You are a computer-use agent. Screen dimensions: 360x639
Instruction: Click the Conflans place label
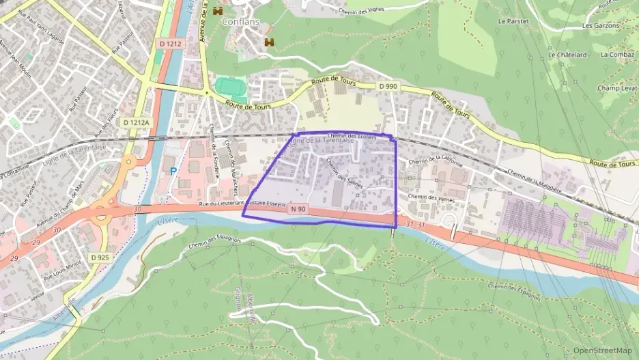tap(238, 21)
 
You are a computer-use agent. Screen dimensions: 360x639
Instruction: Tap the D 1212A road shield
tap(136, 122)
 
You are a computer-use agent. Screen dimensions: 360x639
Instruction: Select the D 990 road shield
tap(387, 86)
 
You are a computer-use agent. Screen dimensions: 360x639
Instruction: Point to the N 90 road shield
tap(296, 208)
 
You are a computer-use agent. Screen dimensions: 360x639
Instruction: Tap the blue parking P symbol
tap(173, 171)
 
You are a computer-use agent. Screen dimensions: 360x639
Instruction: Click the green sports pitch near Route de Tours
tap(231, 87)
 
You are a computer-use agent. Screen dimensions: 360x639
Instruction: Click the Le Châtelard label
tap(563, 54)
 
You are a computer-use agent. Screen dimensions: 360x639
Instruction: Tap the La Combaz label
tap(618, 54)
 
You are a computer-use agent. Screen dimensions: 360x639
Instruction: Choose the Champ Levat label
tap(616, 88)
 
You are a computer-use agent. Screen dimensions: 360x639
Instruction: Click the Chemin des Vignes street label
tap(363, 10)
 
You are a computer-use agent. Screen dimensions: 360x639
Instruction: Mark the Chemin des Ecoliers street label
tap(351, 136)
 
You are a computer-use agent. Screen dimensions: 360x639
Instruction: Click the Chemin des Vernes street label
tap(431, 197)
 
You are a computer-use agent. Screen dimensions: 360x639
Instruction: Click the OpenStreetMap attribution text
tap(603, 350)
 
